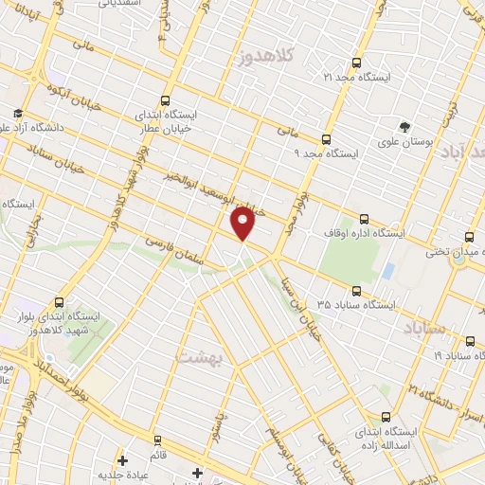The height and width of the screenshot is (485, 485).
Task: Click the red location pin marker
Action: tap(243, 222)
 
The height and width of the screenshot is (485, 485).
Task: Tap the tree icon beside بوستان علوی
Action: tap(405, 127)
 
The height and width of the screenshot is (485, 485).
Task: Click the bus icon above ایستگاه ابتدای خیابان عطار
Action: tap(167, 100)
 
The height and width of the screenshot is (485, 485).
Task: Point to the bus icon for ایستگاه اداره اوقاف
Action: tap(365, 218)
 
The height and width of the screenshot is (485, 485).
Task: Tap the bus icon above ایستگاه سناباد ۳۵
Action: tap(356, 291)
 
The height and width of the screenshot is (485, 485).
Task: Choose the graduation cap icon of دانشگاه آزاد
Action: tap(18, 112)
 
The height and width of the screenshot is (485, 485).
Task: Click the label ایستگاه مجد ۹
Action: tap(321, 152)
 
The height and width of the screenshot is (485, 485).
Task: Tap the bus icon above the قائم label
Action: tap(157, 440)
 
